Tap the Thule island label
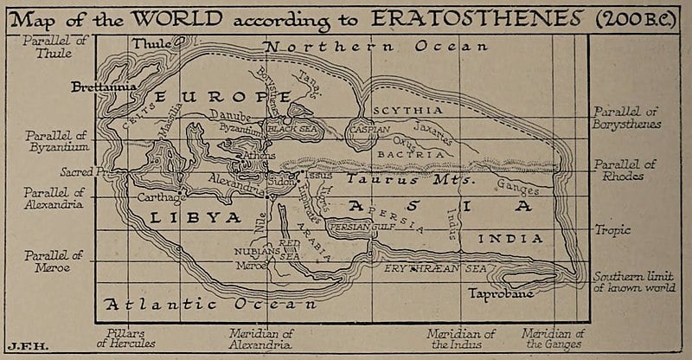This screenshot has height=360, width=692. coord(151,43)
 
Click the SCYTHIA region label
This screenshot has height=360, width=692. coord(407,111)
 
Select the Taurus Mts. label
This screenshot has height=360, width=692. coord(406,181)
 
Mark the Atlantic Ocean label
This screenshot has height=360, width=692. coord(208,305)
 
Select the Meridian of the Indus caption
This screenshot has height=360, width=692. coord(462,338)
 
